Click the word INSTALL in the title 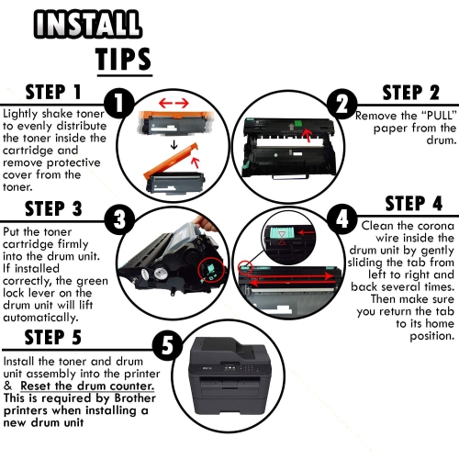88,24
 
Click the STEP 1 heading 53,92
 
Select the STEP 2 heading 411,93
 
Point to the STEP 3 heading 53,208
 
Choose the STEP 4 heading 414,204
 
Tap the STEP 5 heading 53,337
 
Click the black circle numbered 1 119,103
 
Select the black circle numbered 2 342,104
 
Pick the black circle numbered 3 119,219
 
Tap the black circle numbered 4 341,218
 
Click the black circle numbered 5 167,346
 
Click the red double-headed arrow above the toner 174,104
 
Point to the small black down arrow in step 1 174,144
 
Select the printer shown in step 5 228,377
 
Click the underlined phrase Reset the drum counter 87,386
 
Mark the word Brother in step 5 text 135,398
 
